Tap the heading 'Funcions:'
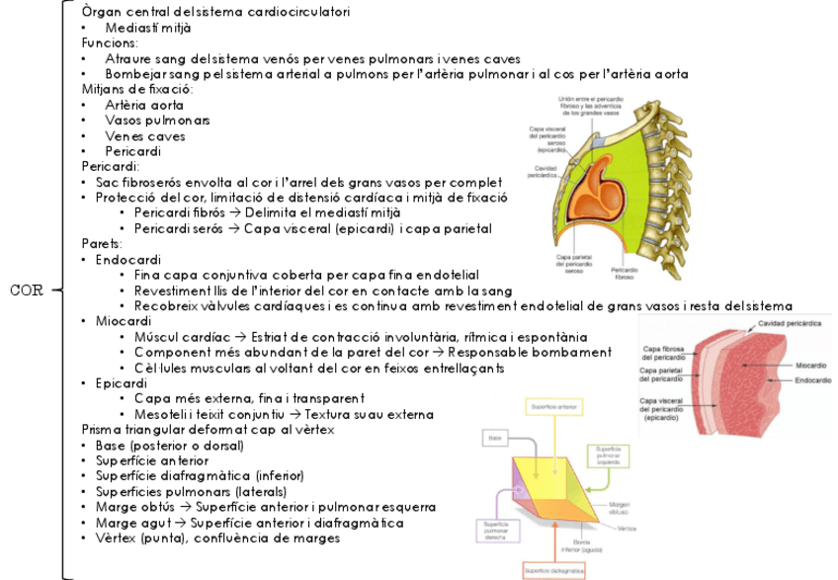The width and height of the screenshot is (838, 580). [110, 43]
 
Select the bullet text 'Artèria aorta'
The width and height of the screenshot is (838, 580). [144, 105]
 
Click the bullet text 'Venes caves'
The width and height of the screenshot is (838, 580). [145, 136]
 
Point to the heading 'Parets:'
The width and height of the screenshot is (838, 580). [102, 243]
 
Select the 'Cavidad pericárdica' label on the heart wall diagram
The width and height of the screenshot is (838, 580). [785, 325]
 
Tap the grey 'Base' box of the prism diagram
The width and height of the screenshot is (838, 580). [497, 436]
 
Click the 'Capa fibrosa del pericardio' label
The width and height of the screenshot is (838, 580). [664, 353]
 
